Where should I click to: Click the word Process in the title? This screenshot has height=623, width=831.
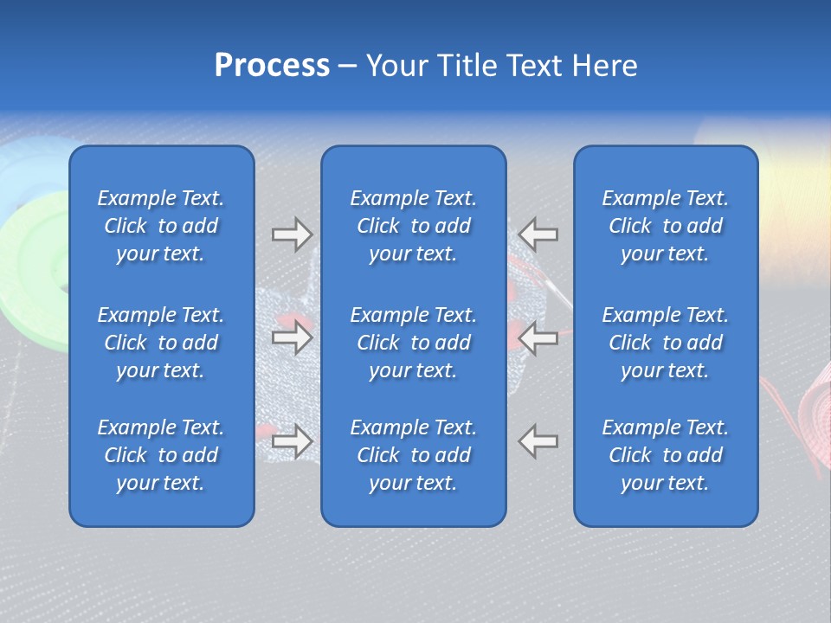[272, 66]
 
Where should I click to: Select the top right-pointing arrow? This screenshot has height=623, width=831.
[292, 234]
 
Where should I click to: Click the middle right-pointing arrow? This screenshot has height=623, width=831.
[292, 337]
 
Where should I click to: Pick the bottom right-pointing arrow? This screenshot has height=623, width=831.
[292, 440]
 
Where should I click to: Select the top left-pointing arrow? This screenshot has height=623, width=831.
[538, 234]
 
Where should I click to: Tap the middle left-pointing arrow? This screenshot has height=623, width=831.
[538, 337]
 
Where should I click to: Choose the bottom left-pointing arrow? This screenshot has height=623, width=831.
[538, 440]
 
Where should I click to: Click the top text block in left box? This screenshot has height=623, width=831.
[161, 226]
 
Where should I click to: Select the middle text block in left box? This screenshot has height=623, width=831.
[161, 343]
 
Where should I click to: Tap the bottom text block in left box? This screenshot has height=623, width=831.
[161, 455]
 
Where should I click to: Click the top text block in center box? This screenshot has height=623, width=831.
[414, 226]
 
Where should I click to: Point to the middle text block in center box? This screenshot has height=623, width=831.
[414, 343]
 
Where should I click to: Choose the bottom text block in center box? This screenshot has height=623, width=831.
[414, 455]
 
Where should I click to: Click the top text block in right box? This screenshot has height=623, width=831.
[666, 226]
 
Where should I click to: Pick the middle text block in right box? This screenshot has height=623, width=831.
[666, 343]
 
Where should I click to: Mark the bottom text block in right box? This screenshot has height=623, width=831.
[666, 455]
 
